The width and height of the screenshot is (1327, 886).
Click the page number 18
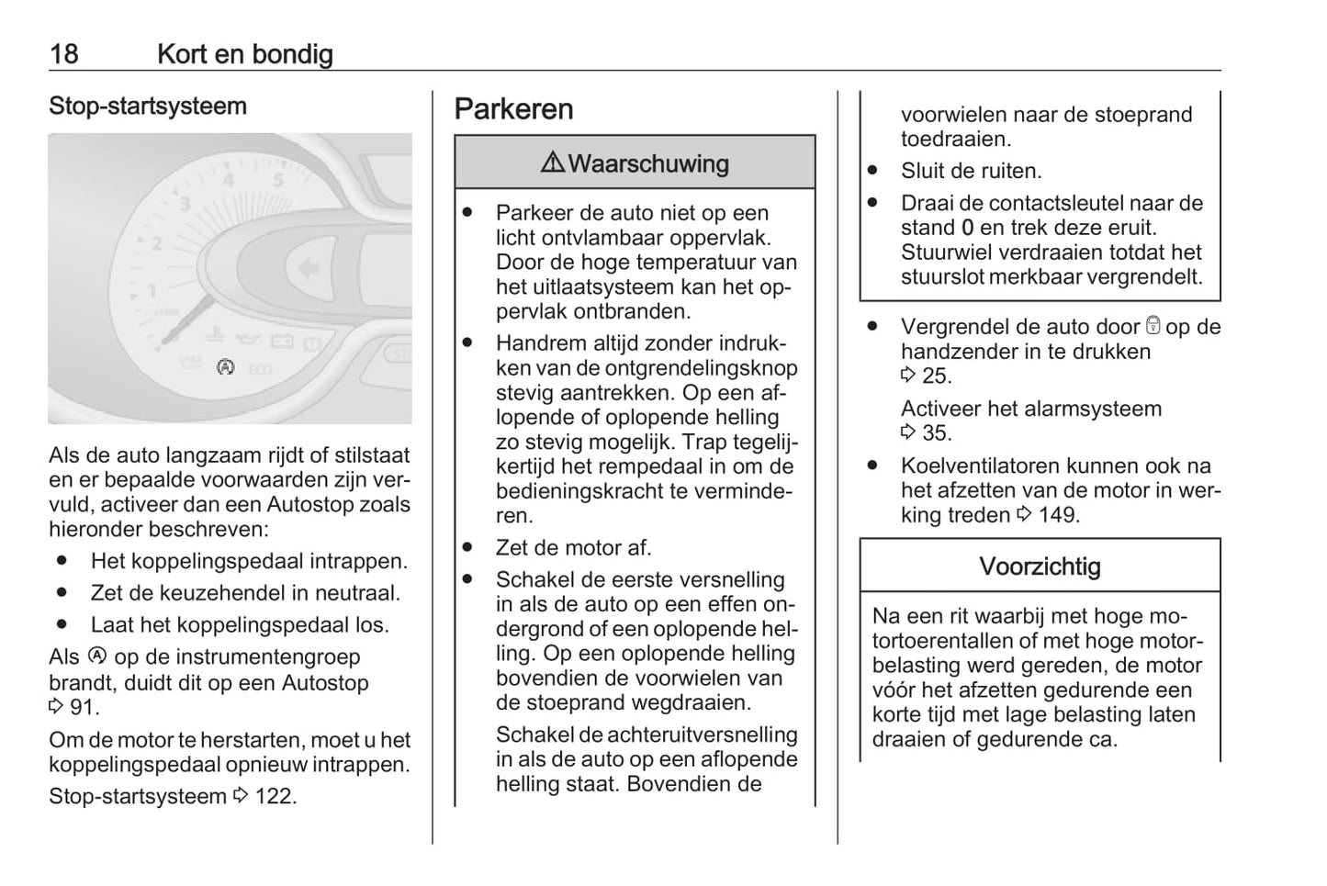tap(63, 54)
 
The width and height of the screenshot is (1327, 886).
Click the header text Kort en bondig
tap(244, 54)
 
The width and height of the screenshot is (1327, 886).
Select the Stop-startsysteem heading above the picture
tap(148, 107)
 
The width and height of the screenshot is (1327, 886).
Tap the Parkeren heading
tap(513, 109)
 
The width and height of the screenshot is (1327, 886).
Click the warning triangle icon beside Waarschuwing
tap(553, 163)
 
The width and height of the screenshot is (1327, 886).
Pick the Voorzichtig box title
tap(1040, 566)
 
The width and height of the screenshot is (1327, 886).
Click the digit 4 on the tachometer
tap(229, 180)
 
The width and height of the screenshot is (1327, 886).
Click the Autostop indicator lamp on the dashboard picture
tap(225, 367)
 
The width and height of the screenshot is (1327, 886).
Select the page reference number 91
tap(84, 708)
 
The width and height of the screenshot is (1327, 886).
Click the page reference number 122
tap(275, 796)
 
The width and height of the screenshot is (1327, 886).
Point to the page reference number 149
tap(1057, 515)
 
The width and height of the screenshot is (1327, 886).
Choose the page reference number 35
tap(937, 433)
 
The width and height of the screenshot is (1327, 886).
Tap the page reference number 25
tap(937, 376)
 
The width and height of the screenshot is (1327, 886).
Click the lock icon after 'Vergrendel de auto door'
tap(1153, 326)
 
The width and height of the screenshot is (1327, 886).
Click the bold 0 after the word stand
tap(967, 228)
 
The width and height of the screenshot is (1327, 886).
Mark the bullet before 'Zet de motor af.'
tap(468, 547)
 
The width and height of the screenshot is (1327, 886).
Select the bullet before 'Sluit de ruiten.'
tap(872, 171)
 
